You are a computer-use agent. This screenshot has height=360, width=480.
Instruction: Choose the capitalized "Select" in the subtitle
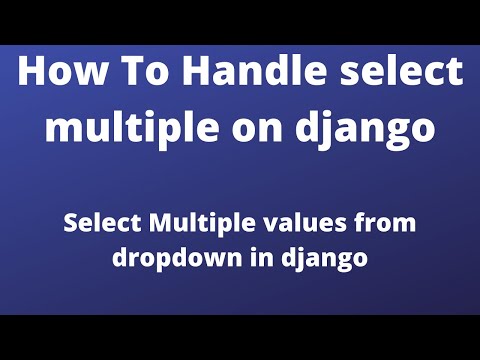pyautogui.click(x=98, y=224)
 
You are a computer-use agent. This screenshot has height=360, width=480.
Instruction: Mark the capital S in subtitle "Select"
pyautogui.click(x=70, y=224)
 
